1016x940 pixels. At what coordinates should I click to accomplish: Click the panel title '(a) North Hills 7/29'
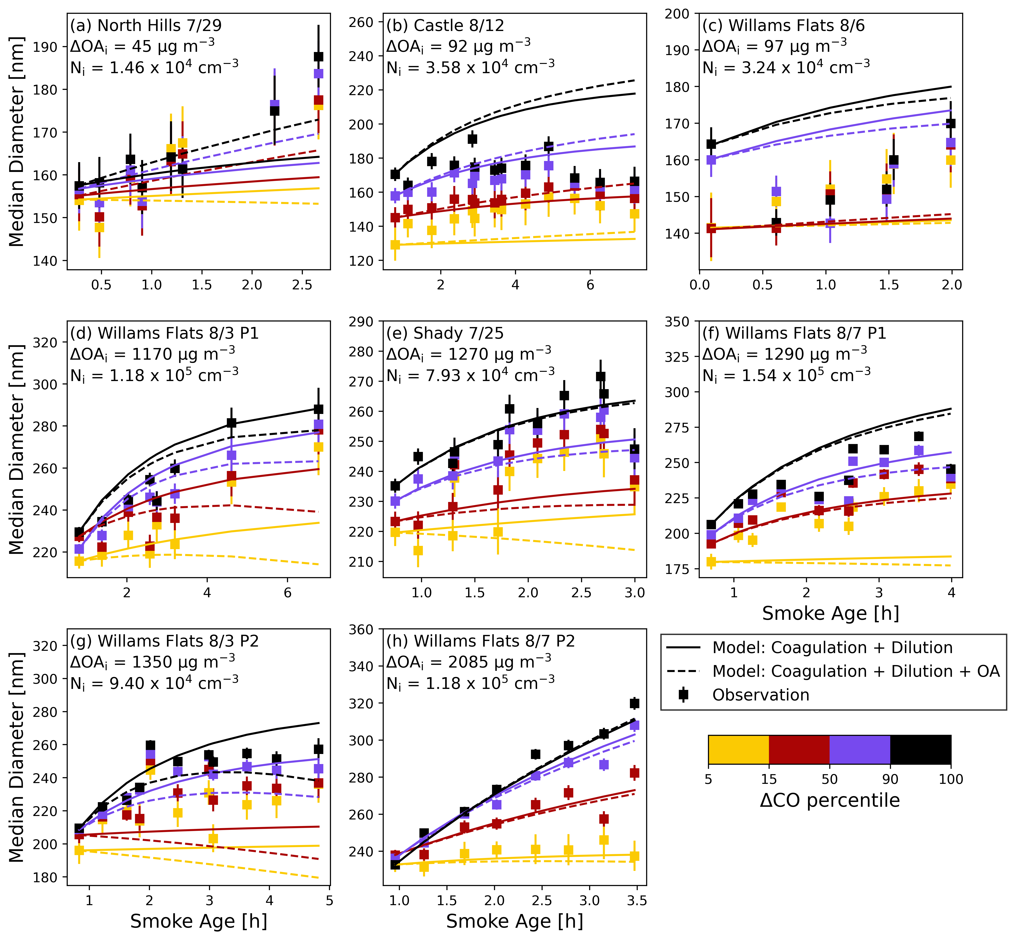146,25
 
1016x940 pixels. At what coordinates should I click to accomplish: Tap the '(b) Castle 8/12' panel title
445,25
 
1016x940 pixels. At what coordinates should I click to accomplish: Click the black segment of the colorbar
920,749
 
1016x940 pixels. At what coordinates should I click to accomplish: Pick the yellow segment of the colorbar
738,749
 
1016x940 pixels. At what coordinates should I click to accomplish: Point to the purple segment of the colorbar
860,749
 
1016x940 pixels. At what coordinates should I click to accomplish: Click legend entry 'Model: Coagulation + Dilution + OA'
856,671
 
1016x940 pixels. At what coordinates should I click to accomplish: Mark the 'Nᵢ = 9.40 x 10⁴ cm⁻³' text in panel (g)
154,683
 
